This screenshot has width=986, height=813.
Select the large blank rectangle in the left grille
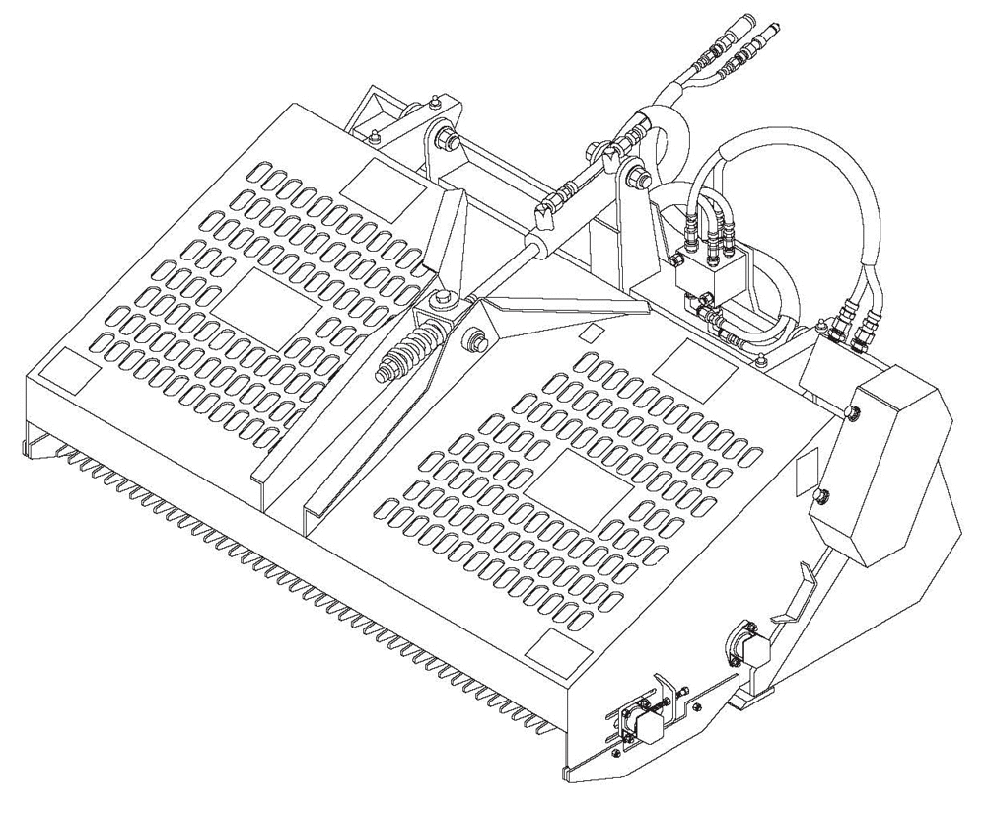(265, 308)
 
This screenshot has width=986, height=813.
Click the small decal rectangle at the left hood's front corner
(68, 372)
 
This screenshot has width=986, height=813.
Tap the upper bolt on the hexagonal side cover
(854, 411)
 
